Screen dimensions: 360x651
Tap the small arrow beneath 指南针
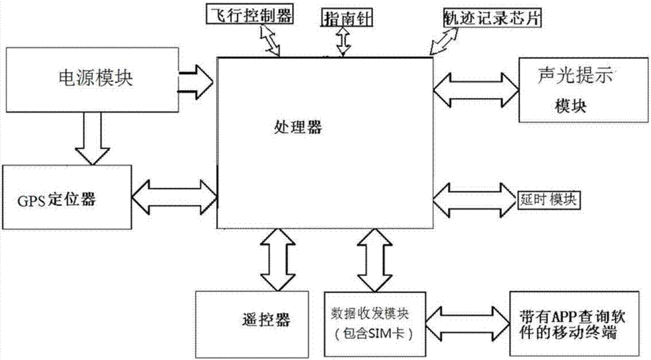(x=343, y=42)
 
